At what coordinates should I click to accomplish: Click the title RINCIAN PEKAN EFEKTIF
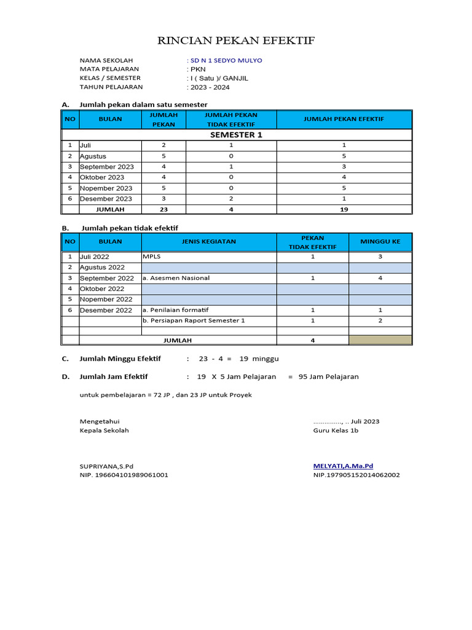[x=236, y=41]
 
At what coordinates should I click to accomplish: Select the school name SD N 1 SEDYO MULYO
[x=227, y=60]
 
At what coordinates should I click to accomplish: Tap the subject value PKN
[x=198, y=70]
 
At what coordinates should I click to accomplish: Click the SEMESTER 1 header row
[x=236, y=135]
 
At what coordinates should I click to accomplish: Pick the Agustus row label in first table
[x=93, y=156]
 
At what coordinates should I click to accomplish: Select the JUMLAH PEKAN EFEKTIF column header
[x=344, y=119]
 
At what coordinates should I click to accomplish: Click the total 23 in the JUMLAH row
[x=163, y=209]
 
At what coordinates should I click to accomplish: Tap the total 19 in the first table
[x=344, y=209]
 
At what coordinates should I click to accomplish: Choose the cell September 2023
[x=107, y=167]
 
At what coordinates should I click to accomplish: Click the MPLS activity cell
[x=151, y=257]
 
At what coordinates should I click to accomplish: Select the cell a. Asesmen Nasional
[x=176, y=278]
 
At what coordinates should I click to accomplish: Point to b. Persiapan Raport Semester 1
[x=194, y=321]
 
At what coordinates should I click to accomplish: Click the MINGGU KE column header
[x=380, y=242]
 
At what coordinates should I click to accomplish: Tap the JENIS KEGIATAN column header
[x=208, y=242]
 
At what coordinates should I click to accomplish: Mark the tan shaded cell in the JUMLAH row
[x=380, y=340]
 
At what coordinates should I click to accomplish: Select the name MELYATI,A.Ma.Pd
[x=343, y=466]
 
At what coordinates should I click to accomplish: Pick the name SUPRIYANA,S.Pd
[x=106, y=466]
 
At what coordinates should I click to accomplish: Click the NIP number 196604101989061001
[x=124, y=475]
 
